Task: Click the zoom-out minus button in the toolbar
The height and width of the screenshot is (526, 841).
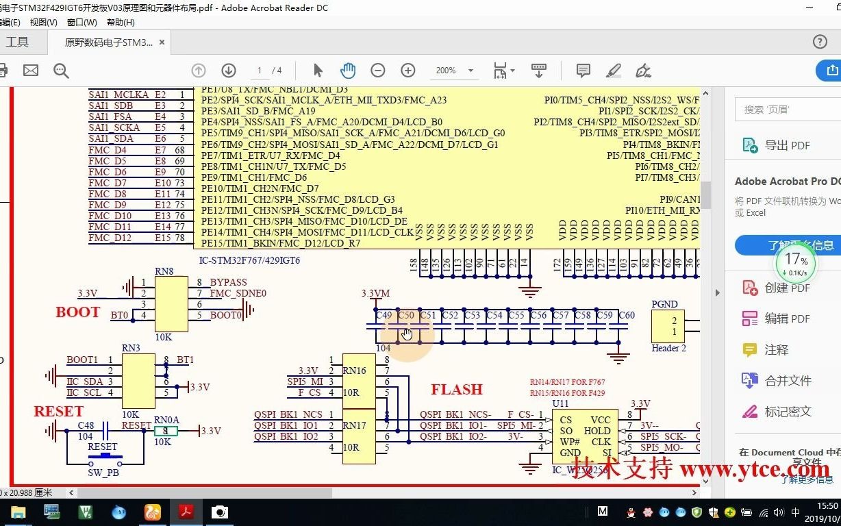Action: pos(377,71)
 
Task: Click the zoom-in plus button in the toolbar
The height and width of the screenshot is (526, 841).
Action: pos(408,71)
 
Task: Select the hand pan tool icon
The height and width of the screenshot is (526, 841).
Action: pos(348,71)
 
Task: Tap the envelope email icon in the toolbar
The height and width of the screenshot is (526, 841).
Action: pos(31,71)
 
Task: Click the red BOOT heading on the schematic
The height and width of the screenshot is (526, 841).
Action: pos(77,312)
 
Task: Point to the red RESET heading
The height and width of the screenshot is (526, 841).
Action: pos(58,412)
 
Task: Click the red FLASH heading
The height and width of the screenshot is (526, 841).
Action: pos(457,390)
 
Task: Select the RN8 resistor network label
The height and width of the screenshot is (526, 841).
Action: pos(164,271)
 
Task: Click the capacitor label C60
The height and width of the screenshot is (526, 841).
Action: pos(626,316)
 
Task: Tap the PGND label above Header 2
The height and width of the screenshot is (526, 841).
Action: pos(664,304)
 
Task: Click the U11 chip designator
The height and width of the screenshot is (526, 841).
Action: pos(560,404)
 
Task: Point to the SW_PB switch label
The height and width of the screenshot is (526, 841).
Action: pos(103,473)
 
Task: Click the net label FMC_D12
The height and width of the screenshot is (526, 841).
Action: pos(110,238)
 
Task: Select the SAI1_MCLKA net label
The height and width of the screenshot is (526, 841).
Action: pos(118,95)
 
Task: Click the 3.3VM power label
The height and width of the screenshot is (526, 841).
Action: pos(375,294)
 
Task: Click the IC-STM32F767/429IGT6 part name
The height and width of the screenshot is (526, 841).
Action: pos(249,260)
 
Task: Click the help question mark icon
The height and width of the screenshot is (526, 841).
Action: pos(820,42)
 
